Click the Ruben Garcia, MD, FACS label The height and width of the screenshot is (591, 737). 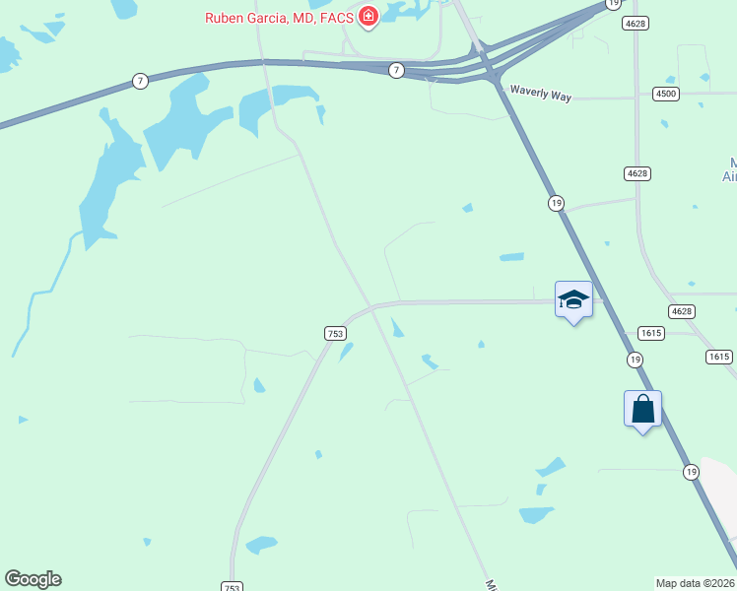click(279, 17)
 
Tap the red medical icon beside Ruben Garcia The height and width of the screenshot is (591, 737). click(368, 16)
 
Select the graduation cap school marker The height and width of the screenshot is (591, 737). click(573, 299)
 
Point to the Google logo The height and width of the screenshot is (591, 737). click(33, 579)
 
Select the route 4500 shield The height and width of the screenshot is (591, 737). click(665, 94)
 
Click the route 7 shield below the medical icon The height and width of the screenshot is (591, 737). click(395, 69)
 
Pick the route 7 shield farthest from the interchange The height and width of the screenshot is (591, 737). click(141, 81)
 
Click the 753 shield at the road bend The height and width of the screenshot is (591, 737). click(335, 334)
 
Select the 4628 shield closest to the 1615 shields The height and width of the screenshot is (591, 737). click(681, 311)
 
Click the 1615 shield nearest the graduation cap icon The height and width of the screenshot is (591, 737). click(649, 334)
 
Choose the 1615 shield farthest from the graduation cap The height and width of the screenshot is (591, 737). click(718, 357)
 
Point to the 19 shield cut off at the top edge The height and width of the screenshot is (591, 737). click(613, 4)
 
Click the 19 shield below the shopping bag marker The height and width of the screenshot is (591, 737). click(691, 473)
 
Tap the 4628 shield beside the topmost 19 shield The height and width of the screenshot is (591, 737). click(636, 24)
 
